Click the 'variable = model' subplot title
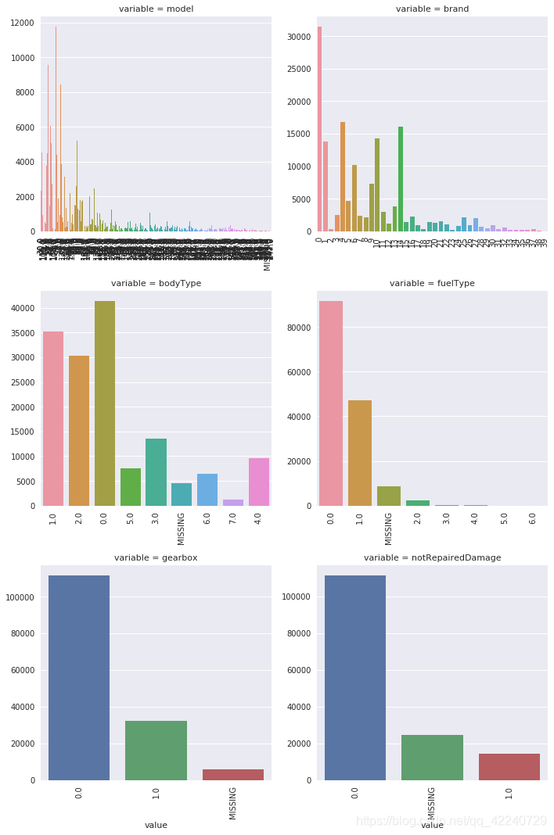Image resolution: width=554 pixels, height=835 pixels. coord(156,9)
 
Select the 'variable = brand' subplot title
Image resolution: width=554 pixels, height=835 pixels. coord(432,9)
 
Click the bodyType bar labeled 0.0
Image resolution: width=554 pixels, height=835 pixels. coord(105,403)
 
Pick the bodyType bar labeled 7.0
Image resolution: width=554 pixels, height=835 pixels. coord(233,502)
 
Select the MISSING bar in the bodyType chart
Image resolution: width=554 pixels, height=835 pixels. coord(182,494)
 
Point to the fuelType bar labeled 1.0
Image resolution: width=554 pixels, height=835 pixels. coord(360,453)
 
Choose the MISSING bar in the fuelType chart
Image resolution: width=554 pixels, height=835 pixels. coord(389,496)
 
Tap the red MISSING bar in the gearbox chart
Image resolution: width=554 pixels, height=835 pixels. coord(233,774)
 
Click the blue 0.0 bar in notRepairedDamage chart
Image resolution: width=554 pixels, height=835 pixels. coord(355,677)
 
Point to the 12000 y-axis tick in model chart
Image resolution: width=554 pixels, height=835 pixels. coord(21,23)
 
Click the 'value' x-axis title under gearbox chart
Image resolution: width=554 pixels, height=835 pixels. coord(156,825)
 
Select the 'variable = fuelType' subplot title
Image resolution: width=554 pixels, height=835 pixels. coord(432,283)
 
